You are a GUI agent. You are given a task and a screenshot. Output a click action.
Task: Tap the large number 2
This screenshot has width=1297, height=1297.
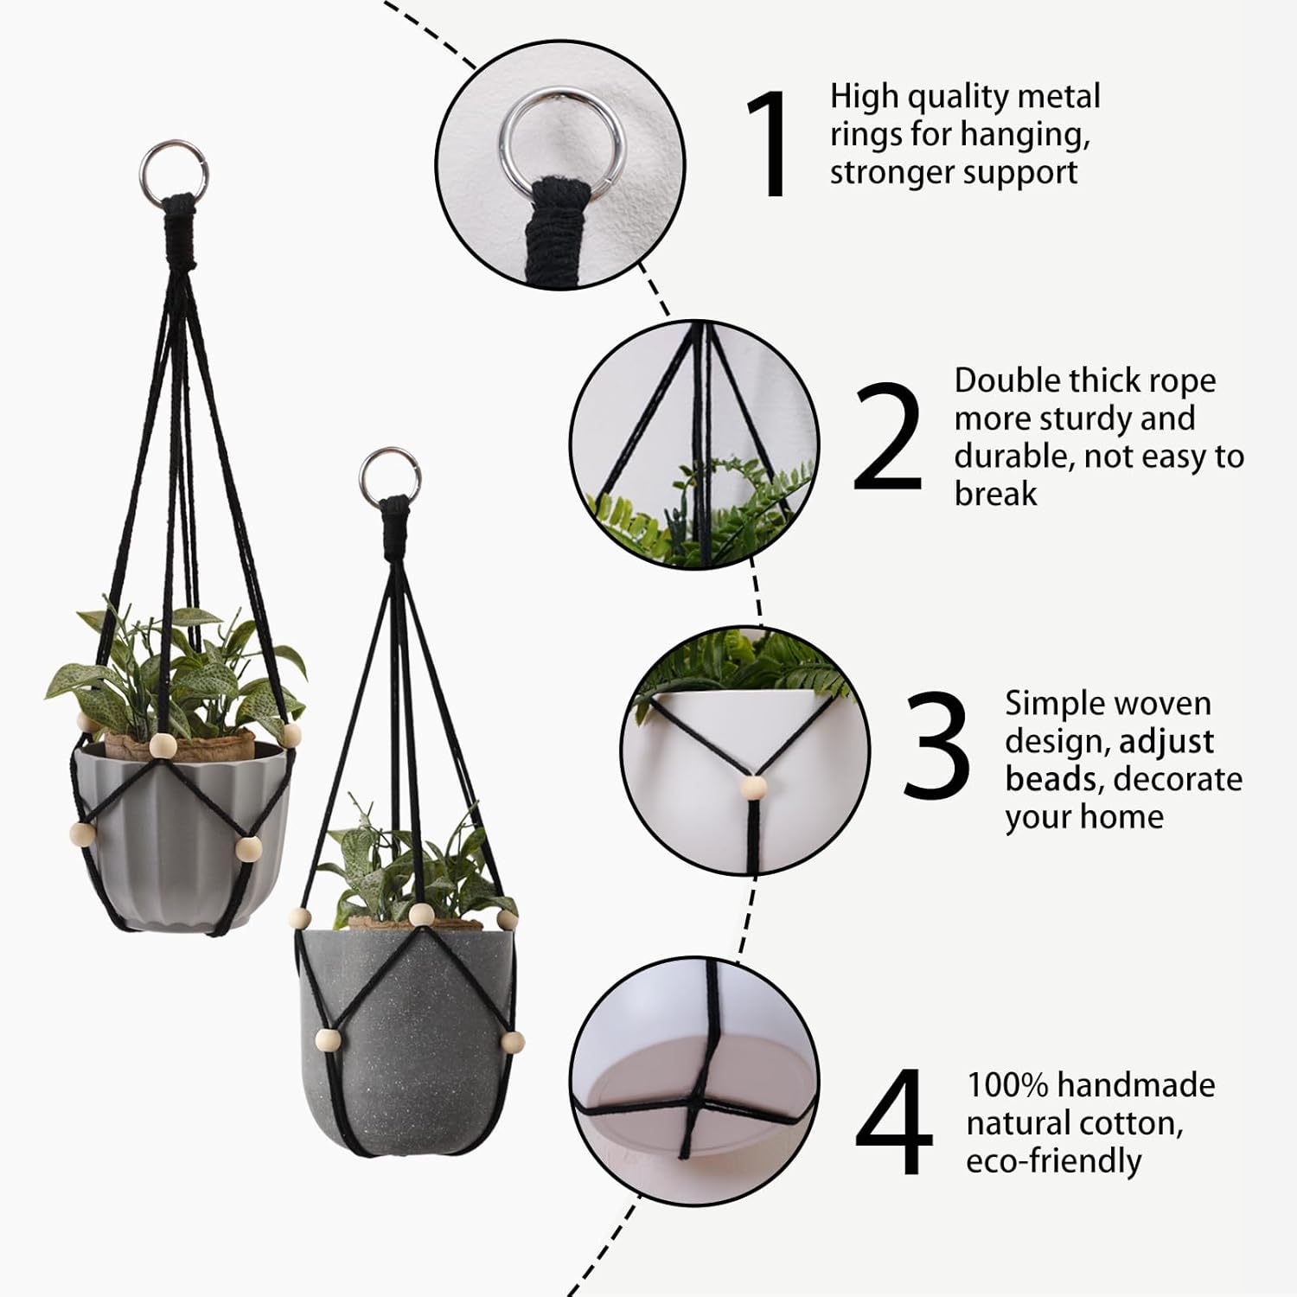(x=887, y=437)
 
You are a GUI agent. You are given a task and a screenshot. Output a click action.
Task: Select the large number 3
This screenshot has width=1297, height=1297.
(x=936, y=744)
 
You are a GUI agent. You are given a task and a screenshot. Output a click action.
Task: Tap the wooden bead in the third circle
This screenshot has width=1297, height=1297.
(x=755, y=788)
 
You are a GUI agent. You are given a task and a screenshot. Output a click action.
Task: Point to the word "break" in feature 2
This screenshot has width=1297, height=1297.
(x=995, y=494)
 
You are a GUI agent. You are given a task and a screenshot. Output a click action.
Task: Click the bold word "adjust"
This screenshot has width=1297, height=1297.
(x=1166, y=742)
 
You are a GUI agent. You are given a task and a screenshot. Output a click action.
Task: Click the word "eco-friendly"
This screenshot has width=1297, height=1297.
(x=1053, y=1161)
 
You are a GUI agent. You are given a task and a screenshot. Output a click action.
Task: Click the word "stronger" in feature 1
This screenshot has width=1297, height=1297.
(x=897, y=173)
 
